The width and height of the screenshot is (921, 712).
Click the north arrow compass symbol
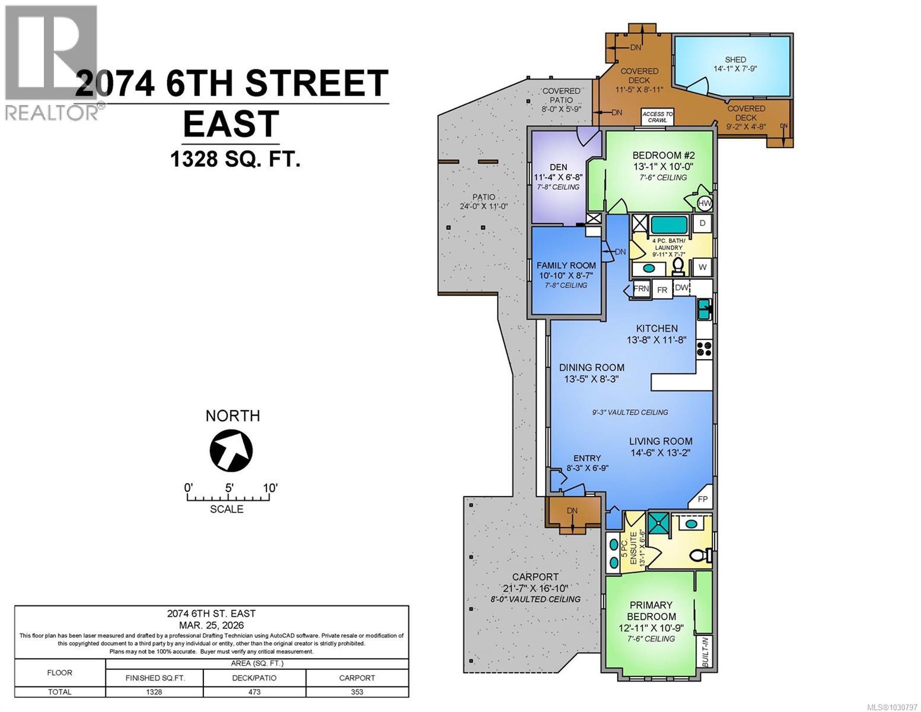coord(231,450)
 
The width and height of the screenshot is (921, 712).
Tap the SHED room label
coord(735,59)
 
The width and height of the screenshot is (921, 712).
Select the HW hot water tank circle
coord(704,204)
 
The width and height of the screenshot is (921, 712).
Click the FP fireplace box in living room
coord(703,499)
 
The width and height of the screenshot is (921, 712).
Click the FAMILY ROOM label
coord(566,265)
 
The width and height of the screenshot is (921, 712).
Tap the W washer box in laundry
coord(702,267)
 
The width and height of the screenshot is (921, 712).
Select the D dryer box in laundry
coord(702,223)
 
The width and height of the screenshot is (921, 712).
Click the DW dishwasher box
coord(682,288)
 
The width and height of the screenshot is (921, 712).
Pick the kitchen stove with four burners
coord(704,348)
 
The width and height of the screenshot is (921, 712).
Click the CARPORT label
coord(536,577)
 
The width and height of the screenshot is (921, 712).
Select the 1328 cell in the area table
coord(154,692)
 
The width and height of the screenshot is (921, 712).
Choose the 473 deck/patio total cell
coord(254,692)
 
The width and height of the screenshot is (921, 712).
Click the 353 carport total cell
coord(357,692)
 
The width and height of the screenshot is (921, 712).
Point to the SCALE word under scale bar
coord(227,509)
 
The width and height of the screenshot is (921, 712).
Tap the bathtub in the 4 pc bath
coord(669,225)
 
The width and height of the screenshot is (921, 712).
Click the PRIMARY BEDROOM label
coord(652,611)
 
